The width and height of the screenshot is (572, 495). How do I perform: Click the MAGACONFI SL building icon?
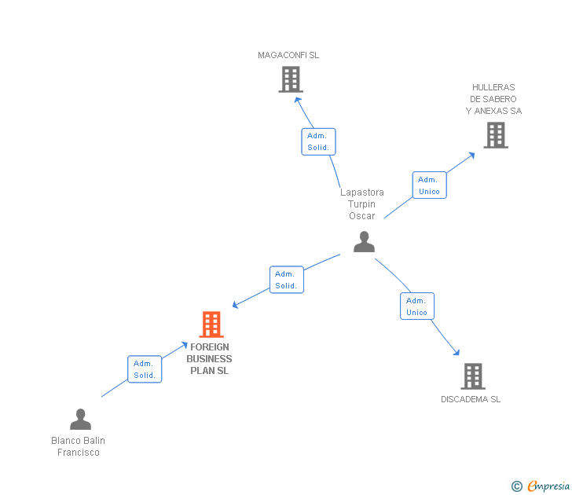291,79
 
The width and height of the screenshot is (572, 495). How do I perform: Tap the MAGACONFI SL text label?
288,56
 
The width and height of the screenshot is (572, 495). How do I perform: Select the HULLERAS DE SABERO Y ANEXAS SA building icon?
495,135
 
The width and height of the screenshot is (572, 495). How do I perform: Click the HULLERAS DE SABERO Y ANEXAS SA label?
493,99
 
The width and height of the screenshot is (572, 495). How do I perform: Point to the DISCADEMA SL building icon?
472,376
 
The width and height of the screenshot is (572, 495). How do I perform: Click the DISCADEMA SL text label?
471,399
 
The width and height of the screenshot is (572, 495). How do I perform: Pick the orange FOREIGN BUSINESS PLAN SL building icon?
211,324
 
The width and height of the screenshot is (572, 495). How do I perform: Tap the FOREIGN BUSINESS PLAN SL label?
209,358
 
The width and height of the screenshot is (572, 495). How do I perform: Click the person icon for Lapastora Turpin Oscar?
364,241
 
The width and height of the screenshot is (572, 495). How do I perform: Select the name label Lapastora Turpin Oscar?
362,204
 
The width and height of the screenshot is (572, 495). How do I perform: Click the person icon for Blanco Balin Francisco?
80,419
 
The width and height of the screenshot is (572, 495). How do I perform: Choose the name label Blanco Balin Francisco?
78,446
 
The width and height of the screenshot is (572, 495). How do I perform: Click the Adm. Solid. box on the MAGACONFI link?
318,141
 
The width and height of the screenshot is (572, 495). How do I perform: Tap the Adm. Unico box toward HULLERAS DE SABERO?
429,185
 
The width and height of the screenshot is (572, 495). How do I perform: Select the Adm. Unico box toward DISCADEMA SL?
416,306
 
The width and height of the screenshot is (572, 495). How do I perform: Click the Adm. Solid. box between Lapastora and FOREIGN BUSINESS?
286,280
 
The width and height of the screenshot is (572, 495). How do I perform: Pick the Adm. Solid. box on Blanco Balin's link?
145,369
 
